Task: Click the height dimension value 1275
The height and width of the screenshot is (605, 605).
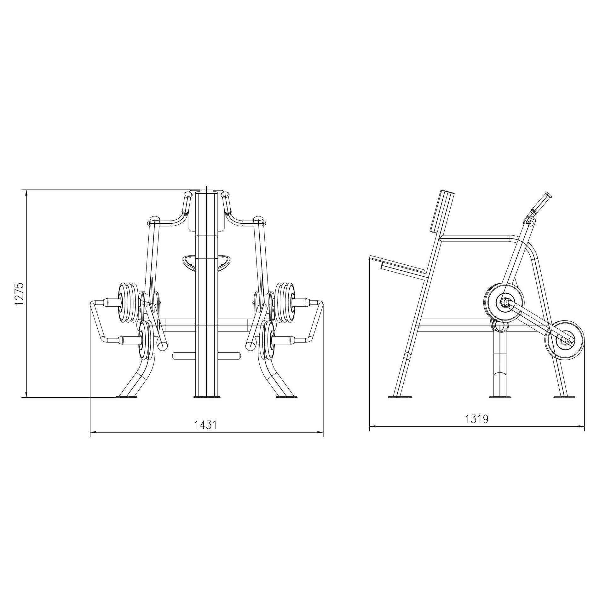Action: (19, 294)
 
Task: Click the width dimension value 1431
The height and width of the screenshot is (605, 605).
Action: (206, 425)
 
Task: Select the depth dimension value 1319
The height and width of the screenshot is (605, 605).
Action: (477, 419)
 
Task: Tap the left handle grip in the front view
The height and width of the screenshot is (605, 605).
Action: (187, 203)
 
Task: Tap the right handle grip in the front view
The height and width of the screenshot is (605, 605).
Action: (226, 203)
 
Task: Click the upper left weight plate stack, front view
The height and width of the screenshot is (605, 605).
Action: (128, 303)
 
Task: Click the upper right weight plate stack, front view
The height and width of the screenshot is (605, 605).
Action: (285, 303)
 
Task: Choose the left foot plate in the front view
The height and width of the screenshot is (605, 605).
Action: (127, 397)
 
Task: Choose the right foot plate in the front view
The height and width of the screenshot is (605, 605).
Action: (286, 397)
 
